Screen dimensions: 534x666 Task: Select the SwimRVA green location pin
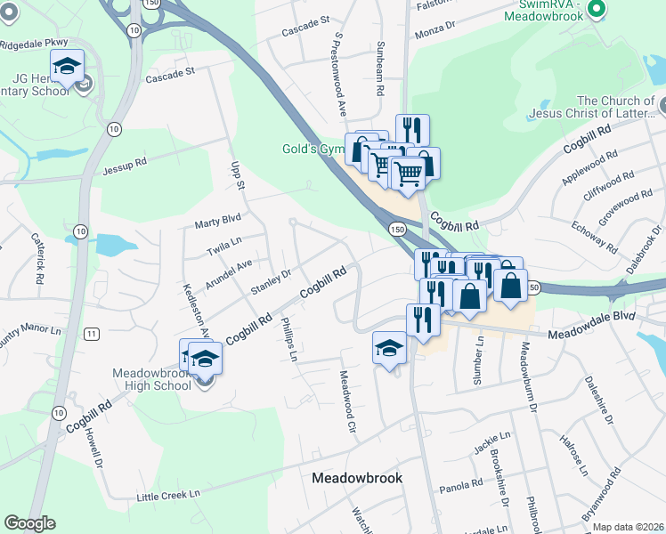tap(597, 11)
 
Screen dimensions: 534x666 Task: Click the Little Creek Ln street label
tap(168, 494)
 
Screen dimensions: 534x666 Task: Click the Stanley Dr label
tap(272, 283)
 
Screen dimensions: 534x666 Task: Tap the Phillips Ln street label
tap(288, 339)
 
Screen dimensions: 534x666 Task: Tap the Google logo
tap(29, 523)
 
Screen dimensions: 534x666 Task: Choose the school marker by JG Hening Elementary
tap(67, 66)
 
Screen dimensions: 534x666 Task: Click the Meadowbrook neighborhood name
tap(357, 478)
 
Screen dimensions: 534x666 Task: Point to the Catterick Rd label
tap(37, 258)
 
